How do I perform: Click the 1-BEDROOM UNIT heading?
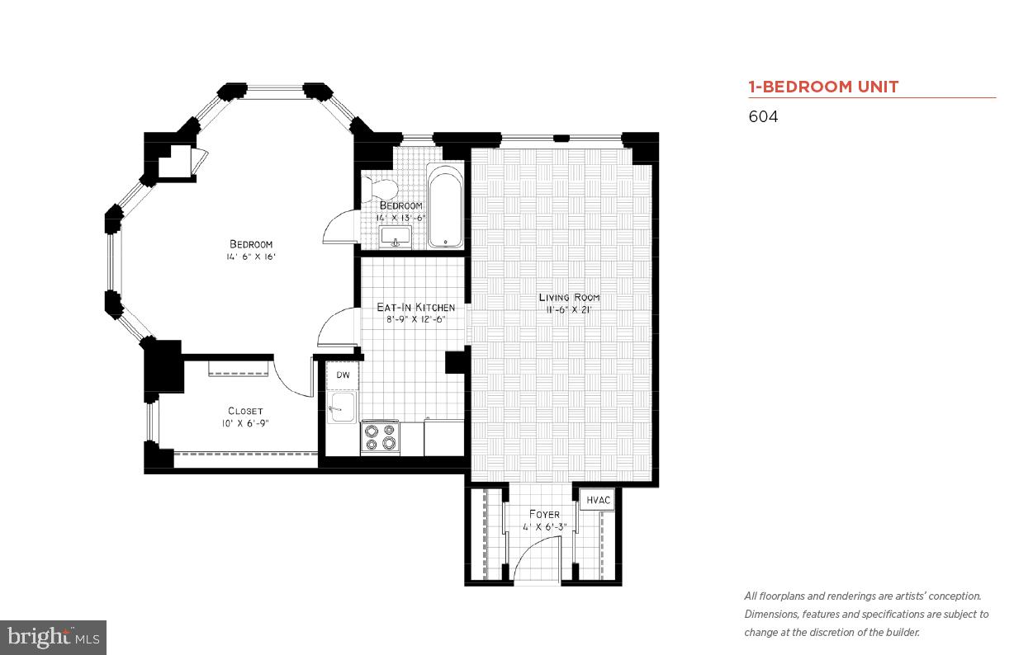tap(823, 87)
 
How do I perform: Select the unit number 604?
tap(763, 117)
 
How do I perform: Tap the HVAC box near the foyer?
tap(598, 500)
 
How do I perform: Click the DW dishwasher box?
tap(343, 375)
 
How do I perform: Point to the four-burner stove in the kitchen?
tap(380, 437)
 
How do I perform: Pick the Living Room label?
tap(569, 297)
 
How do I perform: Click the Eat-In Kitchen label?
tap(415, 308)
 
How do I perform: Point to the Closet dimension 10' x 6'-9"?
tap(245, 423)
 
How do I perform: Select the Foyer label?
tap(544, 514)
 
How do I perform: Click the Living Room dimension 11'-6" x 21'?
tap(569, 310)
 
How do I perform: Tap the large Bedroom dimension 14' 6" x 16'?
tap(250, 257)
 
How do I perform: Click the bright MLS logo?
tap(53, 637)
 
